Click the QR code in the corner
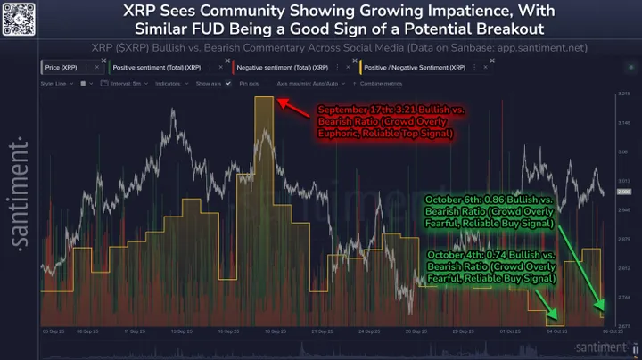(x=19, y=19)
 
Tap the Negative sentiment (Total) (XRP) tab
(x=289, y=68)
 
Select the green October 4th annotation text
(x=492, y=270)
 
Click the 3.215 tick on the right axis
(x=622, y=93)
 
